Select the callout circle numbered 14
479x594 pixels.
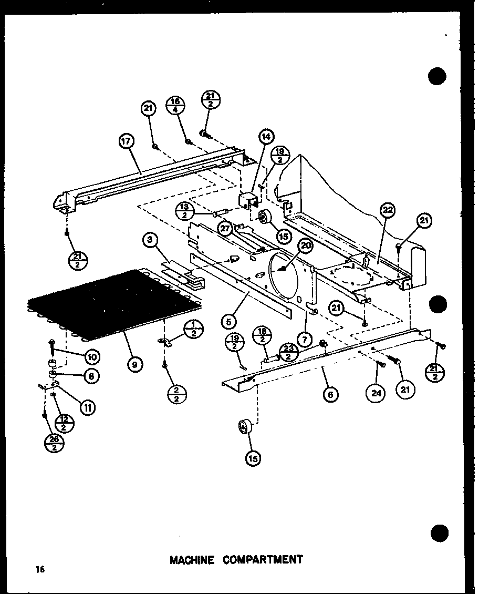266,137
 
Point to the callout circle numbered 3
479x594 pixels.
150,241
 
